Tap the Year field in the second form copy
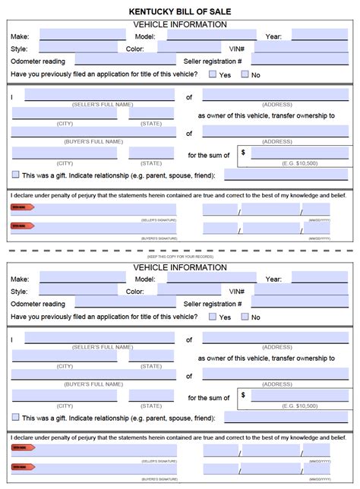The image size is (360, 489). click(319, 278)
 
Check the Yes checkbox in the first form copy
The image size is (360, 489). click(213, 74)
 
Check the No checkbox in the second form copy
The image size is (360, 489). click(245, 317)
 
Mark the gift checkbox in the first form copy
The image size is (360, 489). click(16, 175)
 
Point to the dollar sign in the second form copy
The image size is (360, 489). click(243, 395)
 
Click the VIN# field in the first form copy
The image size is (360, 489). click(300, 48)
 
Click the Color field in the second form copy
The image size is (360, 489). click(178, 291)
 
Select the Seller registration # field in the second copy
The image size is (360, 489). click(300, 304)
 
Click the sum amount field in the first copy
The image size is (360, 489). click(298, 153)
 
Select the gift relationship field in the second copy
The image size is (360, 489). click(286, 417)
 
